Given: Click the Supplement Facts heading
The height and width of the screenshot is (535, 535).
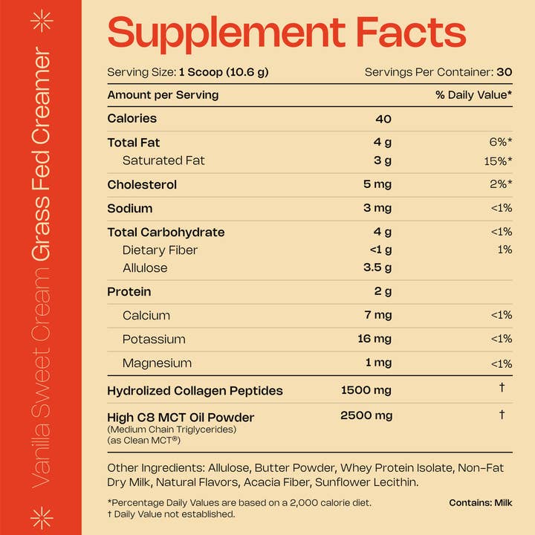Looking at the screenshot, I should pyautogui.click(x=287, y=33).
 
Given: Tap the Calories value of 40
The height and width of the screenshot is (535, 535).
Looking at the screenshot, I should pyautogui.click(x=383, y=119).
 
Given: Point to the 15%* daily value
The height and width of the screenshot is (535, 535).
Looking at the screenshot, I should pyautogui.click(x=497, y=160).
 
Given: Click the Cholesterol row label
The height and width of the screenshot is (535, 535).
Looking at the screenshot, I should pyautogui.click(x=142, y=184).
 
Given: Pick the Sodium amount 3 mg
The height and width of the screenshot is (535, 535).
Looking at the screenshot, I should pyautogui.click(x=377, y=208).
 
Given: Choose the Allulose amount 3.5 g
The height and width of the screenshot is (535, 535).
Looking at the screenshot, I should pyautogui.click(x=377, y=267).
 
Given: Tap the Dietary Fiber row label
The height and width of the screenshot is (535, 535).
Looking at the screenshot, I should pyautogui.click(x=160, y=250).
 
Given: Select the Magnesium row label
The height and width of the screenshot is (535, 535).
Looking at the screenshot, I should pyautogui.click(x=157, y=363).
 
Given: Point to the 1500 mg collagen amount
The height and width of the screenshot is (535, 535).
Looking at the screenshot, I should pyautogui.click(x=366, y=390).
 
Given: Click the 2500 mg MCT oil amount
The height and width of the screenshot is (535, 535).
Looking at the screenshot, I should pyautogui.click(x=366, y=415).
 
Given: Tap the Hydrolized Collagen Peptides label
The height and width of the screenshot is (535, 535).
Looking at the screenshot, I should pyautogui.click(x=195, y=390).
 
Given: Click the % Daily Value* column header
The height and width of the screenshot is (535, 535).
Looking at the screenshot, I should pyautogui.click(x=473, y=95).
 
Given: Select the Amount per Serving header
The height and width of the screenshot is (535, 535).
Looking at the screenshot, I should pyautogui.click(x=163, y=95).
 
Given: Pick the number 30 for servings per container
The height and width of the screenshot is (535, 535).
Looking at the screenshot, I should pyautogui.click(x=505, y=72).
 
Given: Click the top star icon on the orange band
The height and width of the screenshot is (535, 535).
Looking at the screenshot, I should pyautogui.click(x=41, y=22).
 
